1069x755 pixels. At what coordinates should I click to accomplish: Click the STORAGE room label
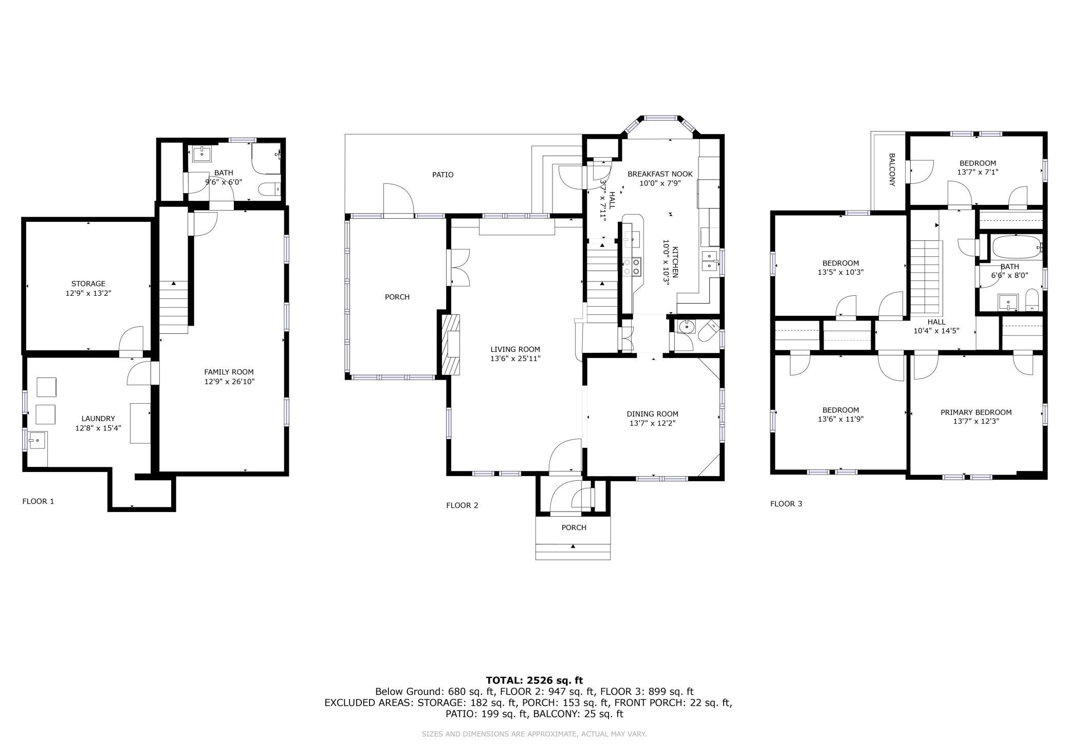point(88,284)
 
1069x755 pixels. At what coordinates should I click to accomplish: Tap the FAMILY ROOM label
point(229,372)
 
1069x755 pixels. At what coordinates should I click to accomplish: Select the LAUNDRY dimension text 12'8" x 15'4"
point(98,428)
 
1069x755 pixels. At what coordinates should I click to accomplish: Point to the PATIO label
point(443,175)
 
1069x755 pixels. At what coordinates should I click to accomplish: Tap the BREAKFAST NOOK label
point(660,174)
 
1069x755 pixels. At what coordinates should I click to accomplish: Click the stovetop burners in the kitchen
point(632,267)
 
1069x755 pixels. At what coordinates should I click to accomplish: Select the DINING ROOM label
point(652,414)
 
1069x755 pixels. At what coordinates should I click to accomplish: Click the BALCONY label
point(892,169)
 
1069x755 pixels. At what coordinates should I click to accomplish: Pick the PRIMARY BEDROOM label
point(976,412)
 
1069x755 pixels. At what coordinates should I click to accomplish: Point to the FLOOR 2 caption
point(462,505)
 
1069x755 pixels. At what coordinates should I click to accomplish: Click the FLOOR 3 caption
point(786,504)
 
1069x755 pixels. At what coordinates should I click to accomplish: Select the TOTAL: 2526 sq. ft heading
point(534,681)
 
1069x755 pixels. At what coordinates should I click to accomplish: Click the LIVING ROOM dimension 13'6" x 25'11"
point(515,358)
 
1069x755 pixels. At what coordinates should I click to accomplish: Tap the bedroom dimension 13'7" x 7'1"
point(978,173)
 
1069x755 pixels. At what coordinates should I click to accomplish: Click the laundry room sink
point(38,440)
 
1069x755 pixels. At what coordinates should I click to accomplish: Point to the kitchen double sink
point(710,261)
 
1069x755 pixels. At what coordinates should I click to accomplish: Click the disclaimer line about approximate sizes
point(534,734)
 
